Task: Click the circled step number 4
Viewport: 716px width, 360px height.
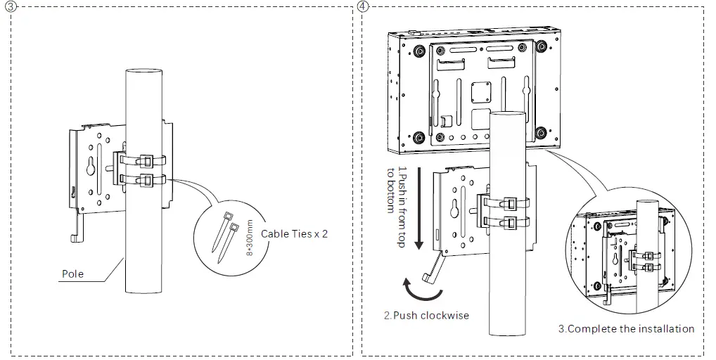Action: (x=362, y=6)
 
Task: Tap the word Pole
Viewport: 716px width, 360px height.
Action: (x=72, y=273)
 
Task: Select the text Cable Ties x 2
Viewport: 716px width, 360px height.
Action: (x=294, y=233)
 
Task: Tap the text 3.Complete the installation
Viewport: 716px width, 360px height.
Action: (x=626, y=328)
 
